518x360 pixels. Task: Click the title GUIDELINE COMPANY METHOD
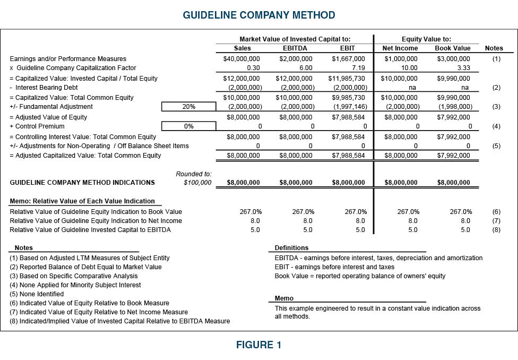point(259,15)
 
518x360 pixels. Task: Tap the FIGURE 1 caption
point(259,345)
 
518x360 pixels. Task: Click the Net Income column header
point(400,48)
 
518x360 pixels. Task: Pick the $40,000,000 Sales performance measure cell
point(241,59)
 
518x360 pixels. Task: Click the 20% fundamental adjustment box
point(189,107)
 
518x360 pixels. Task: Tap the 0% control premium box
point(189,126)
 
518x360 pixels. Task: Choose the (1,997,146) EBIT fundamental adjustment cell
point(349,107)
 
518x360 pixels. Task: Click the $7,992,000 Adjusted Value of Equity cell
point(453,117)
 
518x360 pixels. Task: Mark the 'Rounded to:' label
point(194,174)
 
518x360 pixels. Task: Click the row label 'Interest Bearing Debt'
point(48,88)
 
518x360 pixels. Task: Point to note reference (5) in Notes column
point(496,145)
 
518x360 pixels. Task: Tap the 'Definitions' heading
point(291,248)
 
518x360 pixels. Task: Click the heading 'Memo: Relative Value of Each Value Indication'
point(82,201)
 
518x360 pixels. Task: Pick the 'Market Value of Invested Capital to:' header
point(295,39)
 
